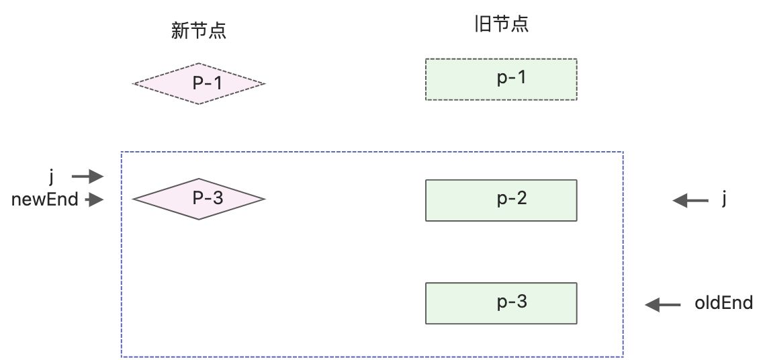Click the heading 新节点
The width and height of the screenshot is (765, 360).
point(198,31)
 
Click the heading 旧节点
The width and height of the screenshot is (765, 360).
point(501,25)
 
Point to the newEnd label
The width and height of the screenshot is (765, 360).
point(44,199)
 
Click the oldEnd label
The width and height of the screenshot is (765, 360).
point(723,303)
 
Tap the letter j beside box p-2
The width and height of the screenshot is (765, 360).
point(724,199)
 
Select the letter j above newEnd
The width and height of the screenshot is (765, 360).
point(51,177)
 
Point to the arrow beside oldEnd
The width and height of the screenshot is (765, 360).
point(662,306)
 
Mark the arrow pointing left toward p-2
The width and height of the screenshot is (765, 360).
point(690,199)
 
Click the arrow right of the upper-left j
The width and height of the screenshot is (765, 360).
point(87,177)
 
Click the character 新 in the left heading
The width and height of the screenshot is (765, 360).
point(179,31)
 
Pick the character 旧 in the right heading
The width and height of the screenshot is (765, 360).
point(481,25)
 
